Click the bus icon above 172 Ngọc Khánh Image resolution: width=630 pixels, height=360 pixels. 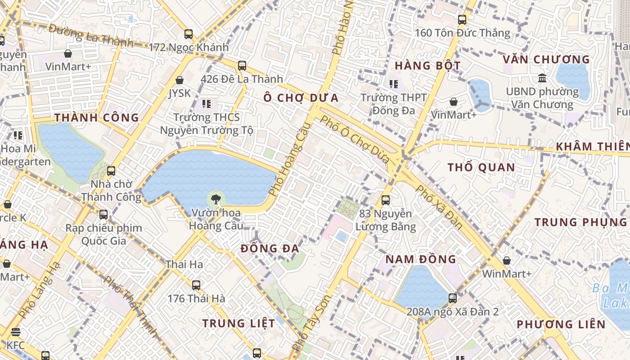[x=189, y=34]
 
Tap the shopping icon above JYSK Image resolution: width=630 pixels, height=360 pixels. [x=180, y=80]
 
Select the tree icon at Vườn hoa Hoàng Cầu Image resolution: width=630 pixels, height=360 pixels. [x=216, y=198]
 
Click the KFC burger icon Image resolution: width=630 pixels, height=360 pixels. [x=16, y=333]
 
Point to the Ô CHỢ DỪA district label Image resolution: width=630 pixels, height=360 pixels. [x=301, y=98]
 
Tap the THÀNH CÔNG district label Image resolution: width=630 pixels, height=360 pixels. [x=97, y=117]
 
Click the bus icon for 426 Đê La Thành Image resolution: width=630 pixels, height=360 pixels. [x=242, y=66]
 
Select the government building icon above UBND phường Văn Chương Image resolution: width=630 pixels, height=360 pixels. [x=542, y=78]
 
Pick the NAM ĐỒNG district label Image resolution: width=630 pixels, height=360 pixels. [x=421, y=259]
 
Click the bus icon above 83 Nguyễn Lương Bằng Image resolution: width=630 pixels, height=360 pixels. [x=386, y=200]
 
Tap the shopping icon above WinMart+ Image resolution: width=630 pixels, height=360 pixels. [x=507, y=261]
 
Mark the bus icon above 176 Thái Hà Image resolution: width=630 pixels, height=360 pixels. [x=196, y=285]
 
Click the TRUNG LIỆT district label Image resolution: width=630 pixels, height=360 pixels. [x=238, y=323]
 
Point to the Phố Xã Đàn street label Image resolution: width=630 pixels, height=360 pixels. [x=439, y=206]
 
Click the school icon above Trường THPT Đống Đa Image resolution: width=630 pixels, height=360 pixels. [x=394, y=84]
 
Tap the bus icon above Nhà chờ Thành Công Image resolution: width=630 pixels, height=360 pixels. [x=111, y=171]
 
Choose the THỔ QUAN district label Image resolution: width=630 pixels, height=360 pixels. [x=481, y=167]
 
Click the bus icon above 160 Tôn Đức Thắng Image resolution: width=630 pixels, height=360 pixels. [x=462, y=20]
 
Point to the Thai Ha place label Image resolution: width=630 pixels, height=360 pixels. [x=184, y=264]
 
